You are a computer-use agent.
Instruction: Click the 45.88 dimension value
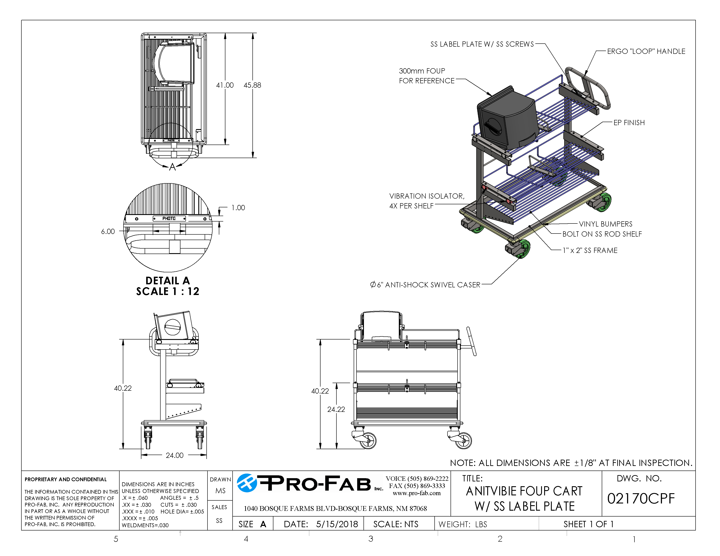point(252,85)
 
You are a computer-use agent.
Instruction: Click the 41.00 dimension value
point(225,85)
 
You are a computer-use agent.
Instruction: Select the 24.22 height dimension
point(336,409)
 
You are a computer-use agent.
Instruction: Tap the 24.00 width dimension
point(174,455)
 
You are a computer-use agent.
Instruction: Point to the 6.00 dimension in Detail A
point(108,232)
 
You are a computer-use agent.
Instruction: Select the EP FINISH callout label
point(629,123)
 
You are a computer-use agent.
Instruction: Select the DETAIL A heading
point(168,281)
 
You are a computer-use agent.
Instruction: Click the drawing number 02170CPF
point(641,499)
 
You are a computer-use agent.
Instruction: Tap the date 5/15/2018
point(337,524)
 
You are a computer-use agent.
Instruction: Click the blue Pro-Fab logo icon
point(247,483)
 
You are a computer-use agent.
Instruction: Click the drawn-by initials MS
point(220,491)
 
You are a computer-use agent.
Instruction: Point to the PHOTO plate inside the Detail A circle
point(169,219)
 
